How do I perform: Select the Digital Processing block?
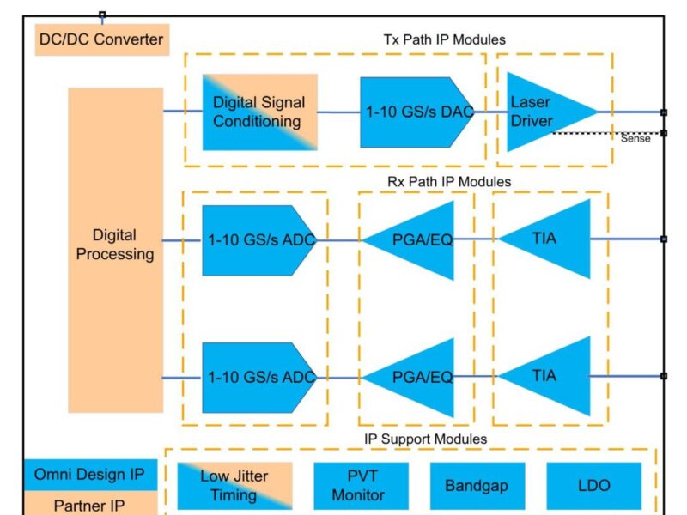(x=116, y=249)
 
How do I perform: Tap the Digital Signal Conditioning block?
(x=259, y=112)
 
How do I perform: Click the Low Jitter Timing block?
(x=234, y=486)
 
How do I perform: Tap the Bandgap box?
(x=477, y=486)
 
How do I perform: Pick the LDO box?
(x=593, y=486)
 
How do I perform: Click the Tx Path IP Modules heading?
(x=443, y=39)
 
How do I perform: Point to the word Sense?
(x=635, y=139)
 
